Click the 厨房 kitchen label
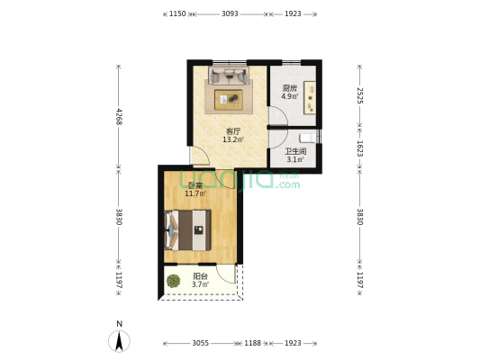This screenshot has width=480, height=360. [289, 88]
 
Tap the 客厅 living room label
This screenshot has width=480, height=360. [232, 131]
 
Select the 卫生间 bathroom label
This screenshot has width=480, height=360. [295, 151]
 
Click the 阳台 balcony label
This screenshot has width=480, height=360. [200, 276]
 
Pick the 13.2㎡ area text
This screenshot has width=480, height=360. [232, 139]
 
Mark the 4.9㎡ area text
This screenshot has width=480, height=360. [289, 96]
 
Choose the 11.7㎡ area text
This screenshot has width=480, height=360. [195, 193]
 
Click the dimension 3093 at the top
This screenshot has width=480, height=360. [230, 13]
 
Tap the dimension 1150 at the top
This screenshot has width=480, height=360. [177, 13]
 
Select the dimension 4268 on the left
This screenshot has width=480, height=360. [118, 116]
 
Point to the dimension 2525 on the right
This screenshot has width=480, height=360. [358, 94]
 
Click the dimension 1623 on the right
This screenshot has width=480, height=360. [358, 149]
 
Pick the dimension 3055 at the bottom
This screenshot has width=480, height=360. [200, 343]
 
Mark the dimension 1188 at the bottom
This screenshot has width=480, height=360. [252, 343]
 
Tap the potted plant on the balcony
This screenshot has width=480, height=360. [173, 281]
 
